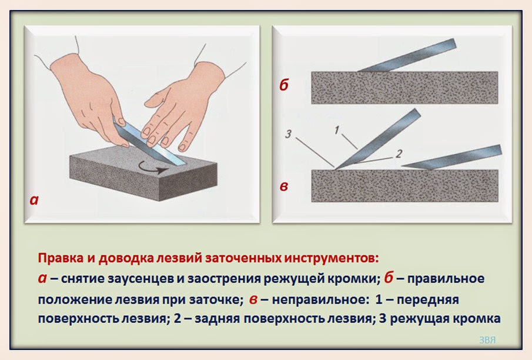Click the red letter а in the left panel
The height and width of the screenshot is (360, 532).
click(34, 200)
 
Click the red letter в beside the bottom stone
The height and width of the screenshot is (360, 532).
click(284, 187)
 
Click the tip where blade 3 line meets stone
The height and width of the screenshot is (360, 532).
click(336, 169)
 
